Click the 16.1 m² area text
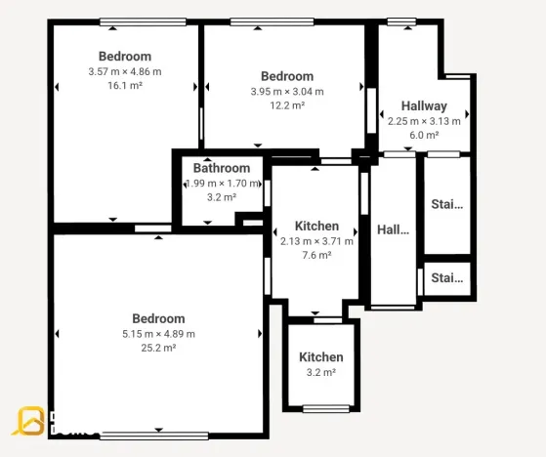pos(125,86)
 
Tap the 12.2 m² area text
pos(287,105)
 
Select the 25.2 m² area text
pos(158,348)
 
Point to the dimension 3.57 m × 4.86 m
pos(125,71)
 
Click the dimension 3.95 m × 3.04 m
pos(287,92)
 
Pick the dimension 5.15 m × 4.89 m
pos(158,333)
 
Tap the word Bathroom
pos(222,168)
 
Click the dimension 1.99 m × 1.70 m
pos(224,183)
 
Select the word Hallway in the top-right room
pos(424,105)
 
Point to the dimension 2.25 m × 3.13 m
pos(424,121)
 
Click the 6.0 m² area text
pos(424,136)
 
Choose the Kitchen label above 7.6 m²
pos(317,226)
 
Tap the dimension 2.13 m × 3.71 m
pos(317,241)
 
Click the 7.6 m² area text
pos(317,256)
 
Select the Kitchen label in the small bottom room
pos(321,357)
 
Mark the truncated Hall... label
pos(394,229)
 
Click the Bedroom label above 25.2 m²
pos(158,318)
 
